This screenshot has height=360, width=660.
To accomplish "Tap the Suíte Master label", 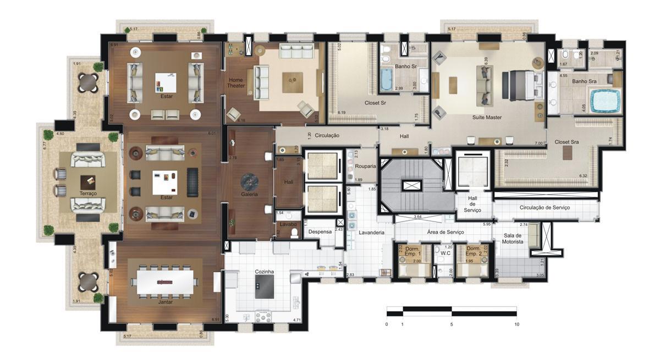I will (x=487, y=118).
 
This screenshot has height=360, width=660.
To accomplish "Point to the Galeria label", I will (x=250, y=195).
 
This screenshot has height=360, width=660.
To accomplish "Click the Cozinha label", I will (x=265, y=272).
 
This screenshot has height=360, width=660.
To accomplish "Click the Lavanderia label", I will (x=372, y=232).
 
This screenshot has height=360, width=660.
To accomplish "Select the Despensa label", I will (x=320, y=232).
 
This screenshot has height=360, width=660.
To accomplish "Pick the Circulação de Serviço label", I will (x=544, y=208).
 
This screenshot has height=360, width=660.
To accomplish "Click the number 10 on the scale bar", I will (x=516, y=324).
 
